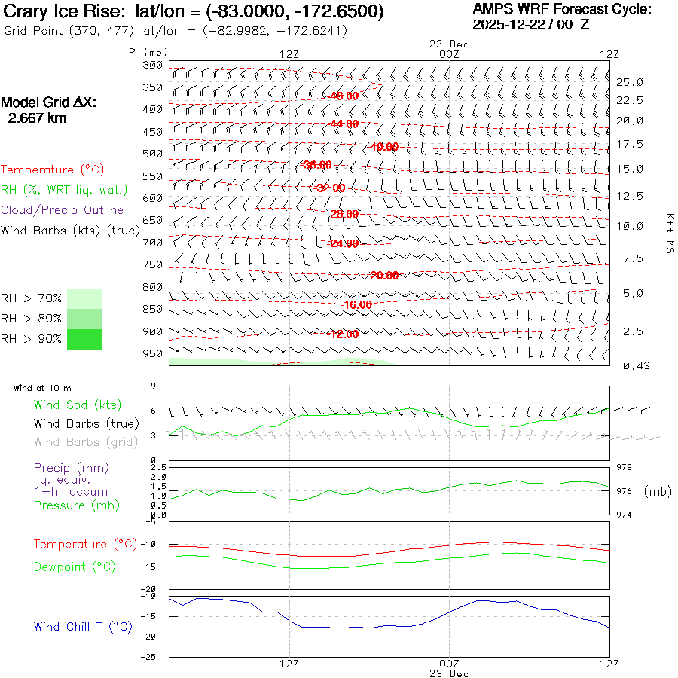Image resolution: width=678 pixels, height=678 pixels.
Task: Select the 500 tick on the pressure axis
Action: click(x=152, y=154)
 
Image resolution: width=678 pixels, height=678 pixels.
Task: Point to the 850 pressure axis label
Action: click(x=152, y=309)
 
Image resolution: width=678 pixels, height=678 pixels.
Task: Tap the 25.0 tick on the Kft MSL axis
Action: click(x=630, y=81)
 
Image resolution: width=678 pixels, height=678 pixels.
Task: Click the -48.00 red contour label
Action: click(x=344, y=96)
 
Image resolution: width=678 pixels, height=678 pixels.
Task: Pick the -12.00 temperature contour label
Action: click(x=344, y=334)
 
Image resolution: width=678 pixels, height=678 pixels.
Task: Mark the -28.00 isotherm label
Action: click(x=344, y=215)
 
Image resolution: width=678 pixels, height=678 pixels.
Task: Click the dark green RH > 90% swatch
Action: click(x=84, y=340)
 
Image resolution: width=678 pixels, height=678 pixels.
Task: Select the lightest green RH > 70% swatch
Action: click(x=84, y=298)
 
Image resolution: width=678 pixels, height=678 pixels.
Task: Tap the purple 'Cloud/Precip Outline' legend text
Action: click(x=62, y=210)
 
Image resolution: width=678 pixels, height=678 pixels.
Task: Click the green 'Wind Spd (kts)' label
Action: click(x=78, y=405)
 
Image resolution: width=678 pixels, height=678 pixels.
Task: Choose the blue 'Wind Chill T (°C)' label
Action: click(x=83, y=627)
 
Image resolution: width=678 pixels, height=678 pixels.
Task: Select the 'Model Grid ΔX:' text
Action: click(x=49, y=103)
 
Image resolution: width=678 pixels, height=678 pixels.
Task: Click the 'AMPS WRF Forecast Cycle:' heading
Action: click(x=561, y=9)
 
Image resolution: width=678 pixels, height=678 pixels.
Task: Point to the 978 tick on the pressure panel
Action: click(x=625, y=468)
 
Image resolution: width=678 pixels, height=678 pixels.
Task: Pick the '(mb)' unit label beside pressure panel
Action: click(x=658, y=491)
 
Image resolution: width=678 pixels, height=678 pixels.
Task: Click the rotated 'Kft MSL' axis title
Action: click(x=668, y=236)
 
